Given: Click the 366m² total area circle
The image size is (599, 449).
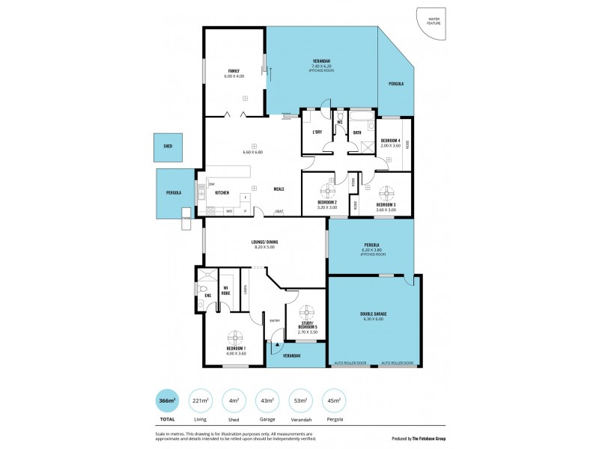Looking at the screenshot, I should click(166, 401).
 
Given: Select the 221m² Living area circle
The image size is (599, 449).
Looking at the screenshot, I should click(201, 401).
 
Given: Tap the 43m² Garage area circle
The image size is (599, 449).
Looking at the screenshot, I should click(267, 401).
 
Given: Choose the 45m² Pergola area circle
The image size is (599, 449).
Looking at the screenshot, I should click(334, 401).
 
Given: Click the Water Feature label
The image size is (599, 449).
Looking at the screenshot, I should click(434, 22).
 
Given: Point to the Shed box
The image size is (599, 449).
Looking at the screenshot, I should click(168, 147).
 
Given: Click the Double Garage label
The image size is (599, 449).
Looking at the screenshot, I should click(372, 314).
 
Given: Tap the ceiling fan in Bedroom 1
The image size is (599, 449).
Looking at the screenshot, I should click(235, 336).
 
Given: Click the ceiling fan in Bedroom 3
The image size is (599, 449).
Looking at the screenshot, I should click(386, 192).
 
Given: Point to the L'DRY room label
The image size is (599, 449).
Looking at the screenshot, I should click(316, 132).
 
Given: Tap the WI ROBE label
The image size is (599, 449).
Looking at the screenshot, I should click(225, 290).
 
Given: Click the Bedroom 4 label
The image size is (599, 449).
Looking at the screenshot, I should click(390, 141).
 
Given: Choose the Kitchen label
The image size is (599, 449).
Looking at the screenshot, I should click(222, 192).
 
